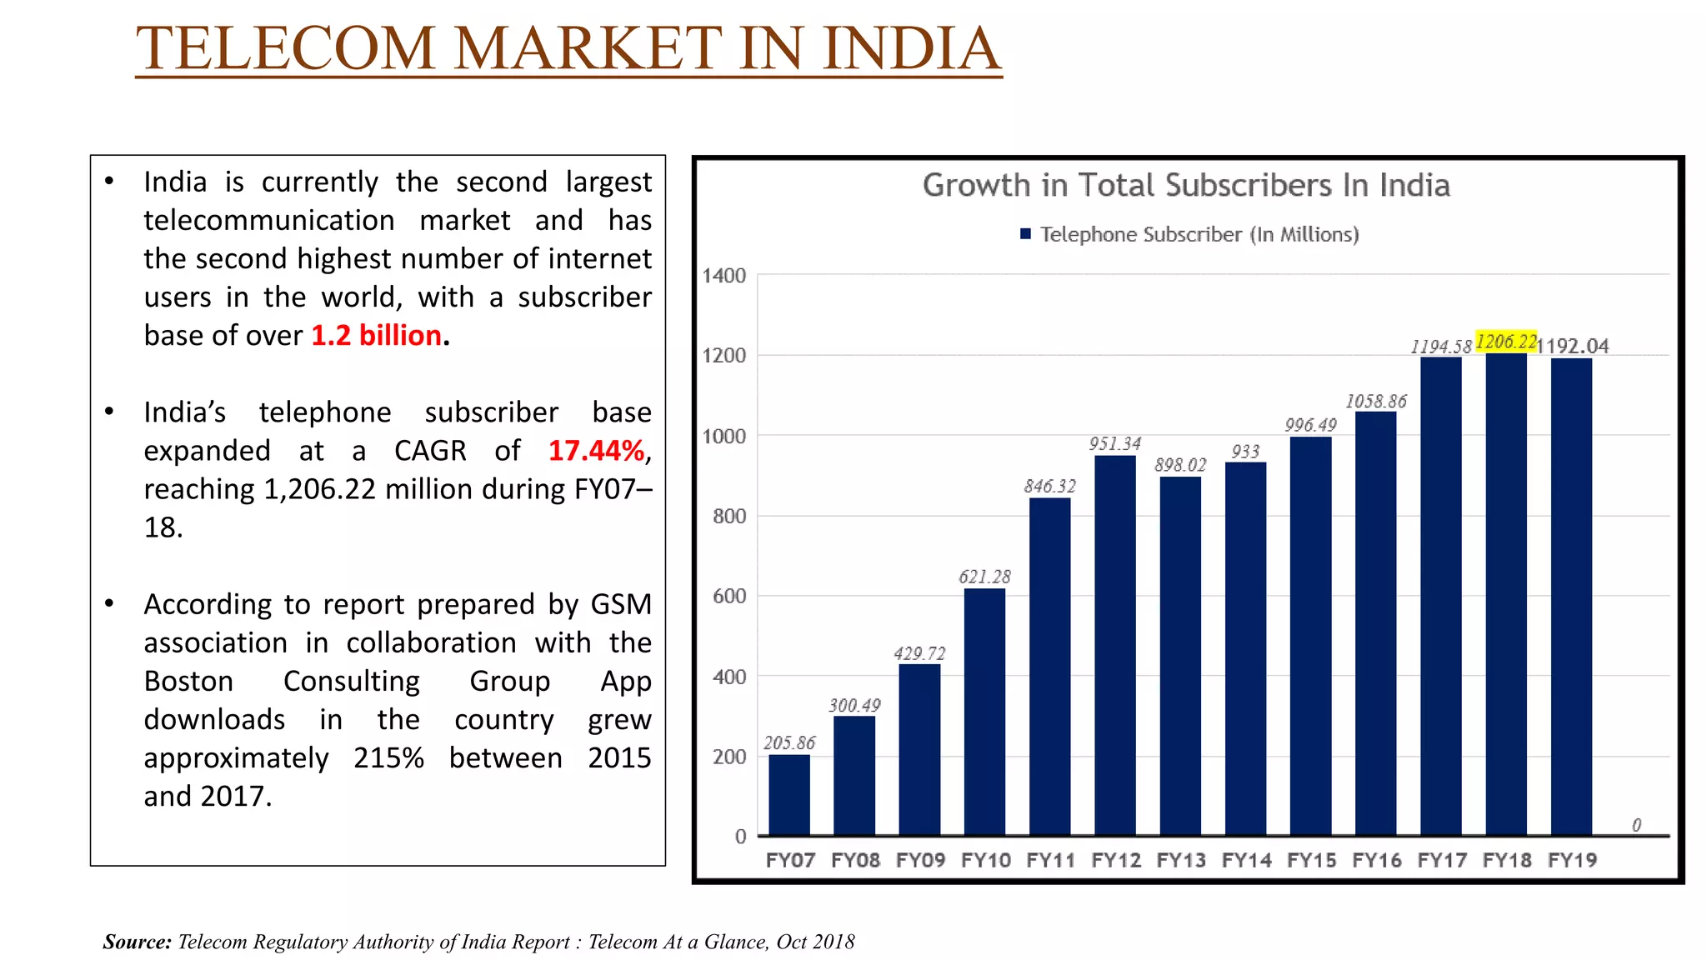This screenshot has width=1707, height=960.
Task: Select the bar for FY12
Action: tap(1114, 645)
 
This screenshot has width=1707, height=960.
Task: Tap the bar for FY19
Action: tap(1571, 596)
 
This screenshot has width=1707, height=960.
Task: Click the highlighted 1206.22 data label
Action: tap(1506, 341)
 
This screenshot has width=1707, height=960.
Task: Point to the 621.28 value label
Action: tap(984, 577)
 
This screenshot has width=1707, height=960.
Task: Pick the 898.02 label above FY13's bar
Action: tap(1180, 465)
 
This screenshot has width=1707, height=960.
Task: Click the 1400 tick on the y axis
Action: tap(723, 276)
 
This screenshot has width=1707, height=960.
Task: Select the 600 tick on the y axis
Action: tap(729, 596)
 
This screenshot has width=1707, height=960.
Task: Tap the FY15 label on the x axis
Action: tap(1311, 860)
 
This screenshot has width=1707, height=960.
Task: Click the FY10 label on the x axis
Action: tap(985, 860)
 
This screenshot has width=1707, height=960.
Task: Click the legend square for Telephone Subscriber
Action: tap(1026, 234)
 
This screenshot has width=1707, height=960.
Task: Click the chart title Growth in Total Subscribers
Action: tap(1185, 185)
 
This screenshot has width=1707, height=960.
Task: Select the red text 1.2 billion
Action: tap(376, 335)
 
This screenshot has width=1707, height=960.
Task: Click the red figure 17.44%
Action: tap(596, 451)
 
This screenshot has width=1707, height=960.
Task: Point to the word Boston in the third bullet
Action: tap(188, 681)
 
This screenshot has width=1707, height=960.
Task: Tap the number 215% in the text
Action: tap(388, 757)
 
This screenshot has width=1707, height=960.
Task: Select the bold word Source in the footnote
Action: tap(137, 942)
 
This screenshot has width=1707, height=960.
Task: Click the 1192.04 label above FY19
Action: tap(1573, 346)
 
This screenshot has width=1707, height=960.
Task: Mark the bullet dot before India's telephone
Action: tap(109, 412)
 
